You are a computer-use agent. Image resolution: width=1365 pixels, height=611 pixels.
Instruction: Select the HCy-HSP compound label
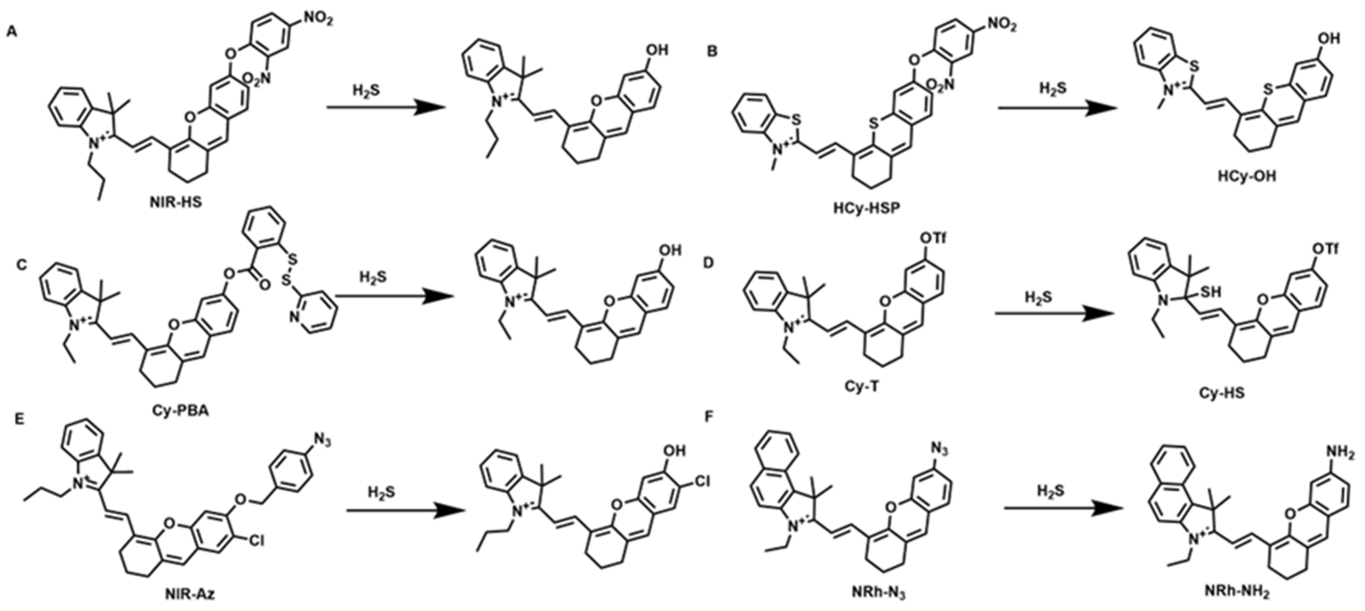[x=866, y=208]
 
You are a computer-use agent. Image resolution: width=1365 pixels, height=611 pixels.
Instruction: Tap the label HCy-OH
[x=1247, y=176]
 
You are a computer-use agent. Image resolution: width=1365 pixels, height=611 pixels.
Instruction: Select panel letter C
[x=21, y=264]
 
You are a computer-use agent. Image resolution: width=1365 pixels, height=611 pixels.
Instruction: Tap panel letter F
[x=709, y=417]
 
